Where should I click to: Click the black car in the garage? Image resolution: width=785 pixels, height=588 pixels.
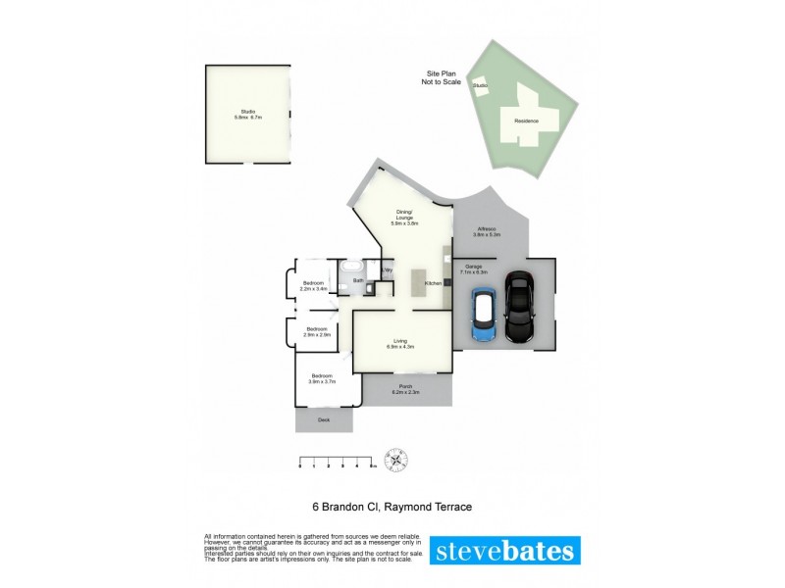[519, 308]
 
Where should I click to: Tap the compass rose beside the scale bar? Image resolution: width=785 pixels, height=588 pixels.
[398, 459]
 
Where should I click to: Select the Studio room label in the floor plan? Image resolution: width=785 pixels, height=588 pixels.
[247, 115]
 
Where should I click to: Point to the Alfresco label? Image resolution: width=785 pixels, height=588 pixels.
[487, 231]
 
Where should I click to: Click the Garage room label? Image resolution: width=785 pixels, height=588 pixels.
[474, 269]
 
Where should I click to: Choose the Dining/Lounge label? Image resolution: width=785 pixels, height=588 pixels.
[404, 218]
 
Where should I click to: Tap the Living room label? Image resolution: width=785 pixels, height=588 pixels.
[401, 343]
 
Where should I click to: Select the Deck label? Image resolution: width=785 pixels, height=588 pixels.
[324, 420]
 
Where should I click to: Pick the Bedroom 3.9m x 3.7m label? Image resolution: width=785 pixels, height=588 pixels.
[323, 378]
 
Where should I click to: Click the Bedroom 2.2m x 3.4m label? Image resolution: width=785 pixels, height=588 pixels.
[313, 286]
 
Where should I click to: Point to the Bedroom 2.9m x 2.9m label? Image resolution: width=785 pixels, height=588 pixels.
[316, 331]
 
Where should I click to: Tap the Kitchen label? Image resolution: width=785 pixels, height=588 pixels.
[432, 284]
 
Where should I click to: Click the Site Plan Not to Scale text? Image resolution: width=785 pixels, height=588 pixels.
[443, 77]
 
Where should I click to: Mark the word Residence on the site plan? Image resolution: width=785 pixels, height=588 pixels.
[527, 121]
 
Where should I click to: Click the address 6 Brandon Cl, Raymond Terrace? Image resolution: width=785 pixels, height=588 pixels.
[392, 507]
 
